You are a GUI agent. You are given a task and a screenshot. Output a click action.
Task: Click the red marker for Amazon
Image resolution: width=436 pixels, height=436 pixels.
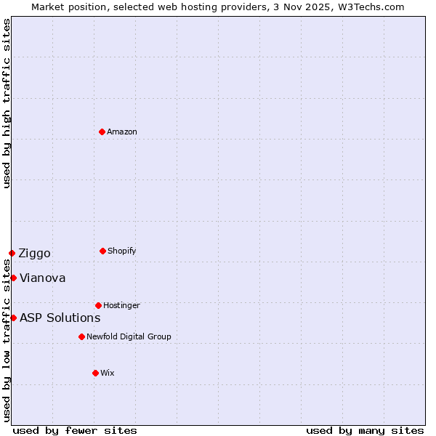tap(102, 132)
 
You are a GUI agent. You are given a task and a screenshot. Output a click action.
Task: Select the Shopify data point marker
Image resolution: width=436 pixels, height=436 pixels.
tap(102, 251)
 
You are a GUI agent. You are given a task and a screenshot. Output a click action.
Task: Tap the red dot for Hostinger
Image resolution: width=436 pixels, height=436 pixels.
tap(98, 305)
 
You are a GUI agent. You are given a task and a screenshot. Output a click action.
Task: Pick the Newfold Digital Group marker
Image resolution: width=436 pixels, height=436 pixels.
tap(81, 336)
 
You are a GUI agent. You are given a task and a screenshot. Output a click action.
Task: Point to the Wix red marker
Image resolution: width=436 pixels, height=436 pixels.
tap(95, 373)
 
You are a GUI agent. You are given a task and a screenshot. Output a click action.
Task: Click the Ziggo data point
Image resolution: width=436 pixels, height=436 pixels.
tap(12, 253)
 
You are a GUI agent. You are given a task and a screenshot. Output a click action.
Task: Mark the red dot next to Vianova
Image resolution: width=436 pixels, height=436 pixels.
tap(13, 278)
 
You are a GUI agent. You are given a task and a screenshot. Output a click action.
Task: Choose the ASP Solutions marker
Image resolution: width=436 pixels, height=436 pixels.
tap(13, 318)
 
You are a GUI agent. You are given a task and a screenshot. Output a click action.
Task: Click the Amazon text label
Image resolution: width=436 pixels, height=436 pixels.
tap(122, 132)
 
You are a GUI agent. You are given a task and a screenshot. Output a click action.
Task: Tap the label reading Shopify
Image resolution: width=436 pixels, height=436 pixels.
tap(122, 251)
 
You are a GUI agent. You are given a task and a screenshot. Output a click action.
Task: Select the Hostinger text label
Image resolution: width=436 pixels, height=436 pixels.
tap(121, 305)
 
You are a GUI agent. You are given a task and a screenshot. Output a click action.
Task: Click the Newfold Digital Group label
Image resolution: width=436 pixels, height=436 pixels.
tap(129, 336)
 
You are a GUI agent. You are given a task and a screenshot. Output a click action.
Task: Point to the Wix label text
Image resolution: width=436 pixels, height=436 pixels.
tap(108, 373)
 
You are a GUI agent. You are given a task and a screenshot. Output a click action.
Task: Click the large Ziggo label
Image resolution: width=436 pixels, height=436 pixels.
tap(34, 253)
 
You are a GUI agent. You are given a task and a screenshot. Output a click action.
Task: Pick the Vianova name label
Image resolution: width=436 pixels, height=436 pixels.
tap(42, 278)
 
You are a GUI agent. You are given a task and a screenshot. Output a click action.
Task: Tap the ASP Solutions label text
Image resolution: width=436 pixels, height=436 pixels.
tap(60, 318)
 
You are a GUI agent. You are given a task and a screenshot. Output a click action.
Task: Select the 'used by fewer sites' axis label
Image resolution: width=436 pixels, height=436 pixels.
tap(75, 430)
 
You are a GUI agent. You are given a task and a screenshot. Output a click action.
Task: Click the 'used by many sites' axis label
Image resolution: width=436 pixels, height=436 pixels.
tap(365, 430)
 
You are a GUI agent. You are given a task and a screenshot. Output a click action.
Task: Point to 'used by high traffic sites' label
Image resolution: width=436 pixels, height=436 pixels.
tap(7, 103)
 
